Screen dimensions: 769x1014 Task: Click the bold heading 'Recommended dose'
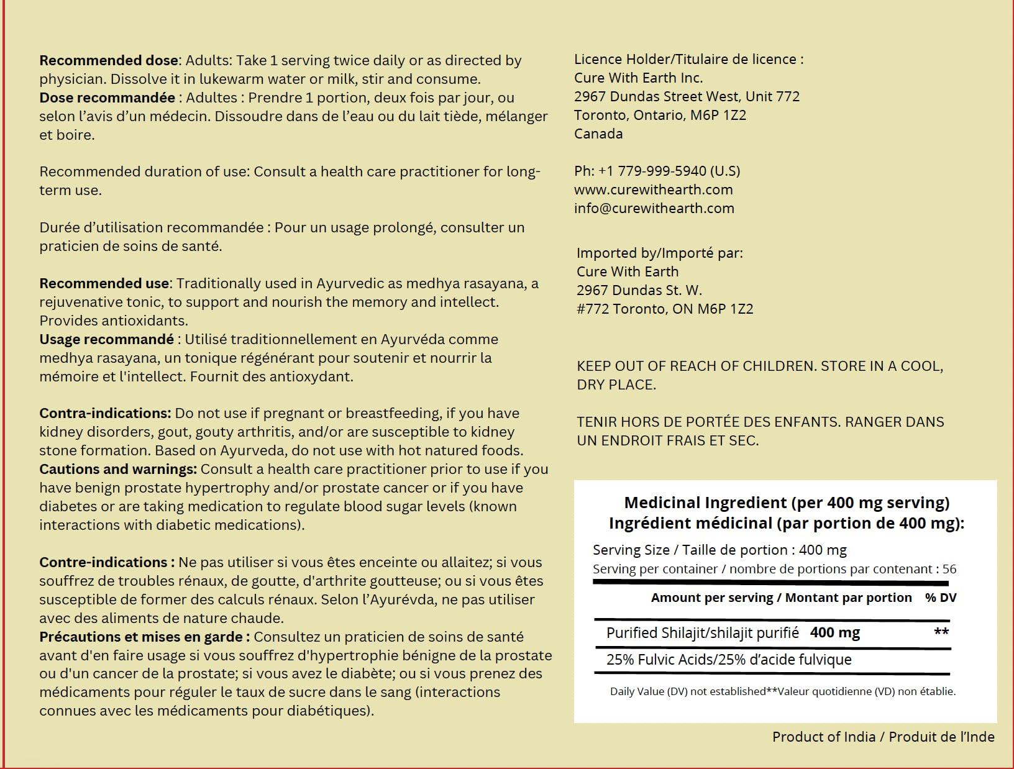click(109, 61)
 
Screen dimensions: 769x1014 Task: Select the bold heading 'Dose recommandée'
click(107, 98)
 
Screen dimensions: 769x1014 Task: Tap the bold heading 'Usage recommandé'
click(106, 340)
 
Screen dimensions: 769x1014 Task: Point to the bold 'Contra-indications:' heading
click(105, 414)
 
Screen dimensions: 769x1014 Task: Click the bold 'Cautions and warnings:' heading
click(118, 470)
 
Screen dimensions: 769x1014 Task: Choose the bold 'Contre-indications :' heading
click(107, 563)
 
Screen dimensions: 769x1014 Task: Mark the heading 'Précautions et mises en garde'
click(144, 637)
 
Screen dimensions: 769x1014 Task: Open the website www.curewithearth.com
click(653, 190)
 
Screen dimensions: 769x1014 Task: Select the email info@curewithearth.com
click(654, 209)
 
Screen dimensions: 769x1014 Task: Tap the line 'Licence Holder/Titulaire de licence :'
click(688, 60)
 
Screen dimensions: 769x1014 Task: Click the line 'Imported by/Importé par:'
click(659, 253)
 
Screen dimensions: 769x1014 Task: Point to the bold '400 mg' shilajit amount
click(834, 633)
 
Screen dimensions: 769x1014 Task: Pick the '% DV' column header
click(940, 598)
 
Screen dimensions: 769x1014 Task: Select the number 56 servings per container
click(949, 569)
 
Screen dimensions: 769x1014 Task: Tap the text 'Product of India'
click(823, 737)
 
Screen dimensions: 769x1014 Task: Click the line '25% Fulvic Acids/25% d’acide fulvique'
click(728, 660)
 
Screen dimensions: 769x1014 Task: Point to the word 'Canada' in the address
click(598, 134)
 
